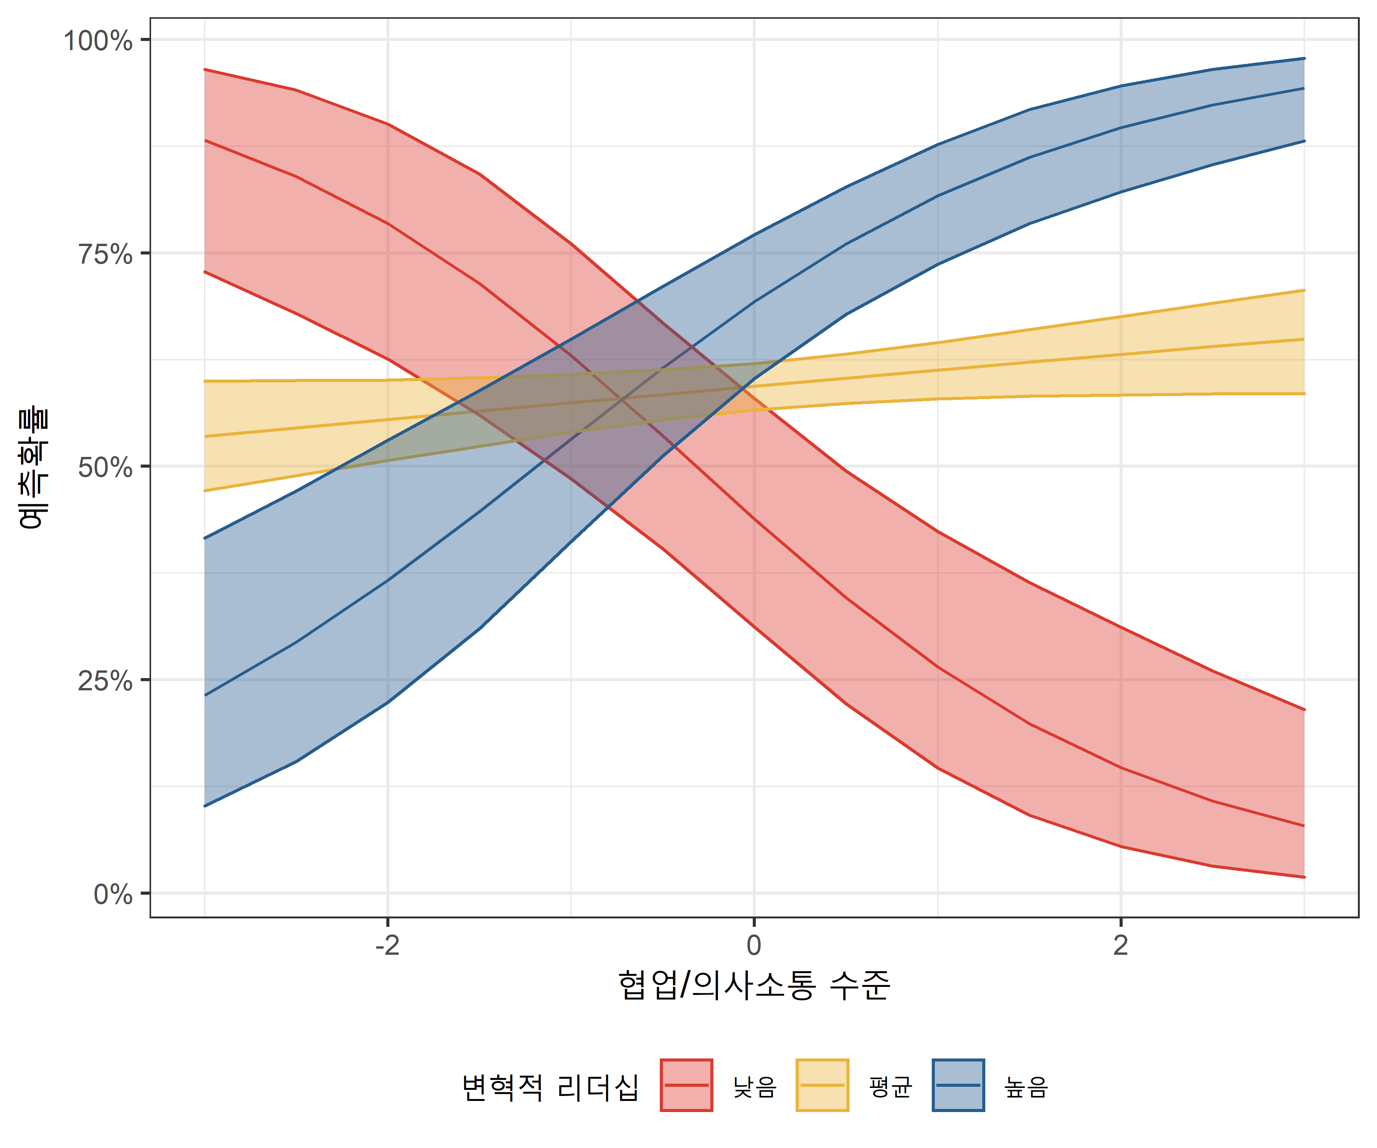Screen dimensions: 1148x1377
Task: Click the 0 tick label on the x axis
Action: (754, 945)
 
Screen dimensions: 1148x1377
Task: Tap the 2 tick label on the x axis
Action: (1121, 945)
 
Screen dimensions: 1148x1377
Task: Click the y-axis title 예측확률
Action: (33, 468)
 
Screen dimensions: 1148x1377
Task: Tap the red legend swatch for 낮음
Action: (687, 1086)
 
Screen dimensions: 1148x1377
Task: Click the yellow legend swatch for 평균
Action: (822, 1086)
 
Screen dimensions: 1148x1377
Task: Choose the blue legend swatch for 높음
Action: (958, 1086)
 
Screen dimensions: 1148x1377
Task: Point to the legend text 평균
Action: (890, 1088)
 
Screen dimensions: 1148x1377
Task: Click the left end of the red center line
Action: (205, 140)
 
